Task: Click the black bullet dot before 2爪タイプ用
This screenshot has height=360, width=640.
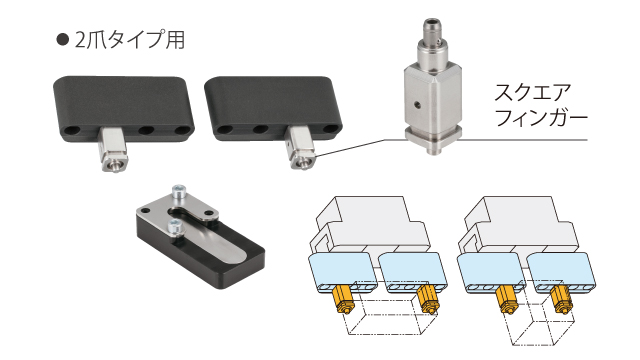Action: pyautogui.click(x=62, y=40)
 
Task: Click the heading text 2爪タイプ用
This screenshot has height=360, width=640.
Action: pyautogui.click(x=130, y=40)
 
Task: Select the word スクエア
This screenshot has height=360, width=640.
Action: pyautogui.click(x=532, y=93)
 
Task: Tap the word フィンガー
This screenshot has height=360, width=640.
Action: pyautogui.click(x=540, y=118)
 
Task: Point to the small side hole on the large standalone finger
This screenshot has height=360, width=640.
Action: pyautogui.click(x=417, y=105)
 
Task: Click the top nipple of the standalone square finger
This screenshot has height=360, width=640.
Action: pyautogui.click(x=432, y=33)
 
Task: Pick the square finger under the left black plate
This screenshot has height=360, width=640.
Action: pyautogui.click(x=115, y=149)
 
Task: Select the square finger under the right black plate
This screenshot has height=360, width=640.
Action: pyautogui.click(x=301, y=148)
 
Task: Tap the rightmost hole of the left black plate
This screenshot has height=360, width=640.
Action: pyautogui.click(x=184, y=131)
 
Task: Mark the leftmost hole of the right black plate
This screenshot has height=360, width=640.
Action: pyautogui.click(x=224, y=130)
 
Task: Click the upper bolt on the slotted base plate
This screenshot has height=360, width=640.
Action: pyautogui.click(x=178, y=193)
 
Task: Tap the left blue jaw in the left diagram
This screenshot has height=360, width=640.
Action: pyautogui.click(x=342, y=273)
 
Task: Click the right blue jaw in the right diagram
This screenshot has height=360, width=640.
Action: pyautogui.click(x=560, y=273)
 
